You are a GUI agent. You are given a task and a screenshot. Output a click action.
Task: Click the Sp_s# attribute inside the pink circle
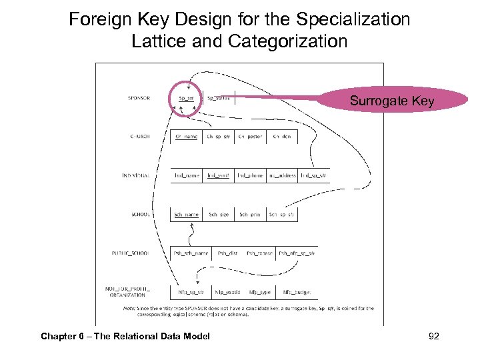click(186, 99)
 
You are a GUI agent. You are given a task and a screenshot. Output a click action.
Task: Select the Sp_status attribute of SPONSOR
click(219, 98)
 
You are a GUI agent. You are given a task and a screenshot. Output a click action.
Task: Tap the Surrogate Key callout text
click(392, 101)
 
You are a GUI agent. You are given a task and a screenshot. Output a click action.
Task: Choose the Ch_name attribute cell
click(187, 137)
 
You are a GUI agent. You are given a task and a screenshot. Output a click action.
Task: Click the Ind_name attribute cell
click(187, 176)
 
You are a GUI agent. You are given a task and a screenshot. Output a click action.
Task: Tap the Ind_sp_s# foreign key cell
click(313, 176)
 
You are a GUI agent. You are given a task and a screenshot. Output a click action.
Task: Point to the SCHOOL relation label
click(141, 215)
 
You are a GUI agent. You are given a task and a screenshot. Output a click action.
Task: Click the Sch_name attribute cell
click(187, 215)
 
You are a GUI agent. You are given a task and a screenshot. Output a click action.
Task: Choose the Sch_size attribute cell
click(219, 215)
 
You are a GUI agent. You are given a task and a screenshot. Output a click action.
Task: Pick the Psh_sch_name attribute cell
click(191, 253)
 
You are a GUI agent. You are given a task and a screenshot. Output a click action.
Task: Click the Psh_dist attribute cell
click(228, 253)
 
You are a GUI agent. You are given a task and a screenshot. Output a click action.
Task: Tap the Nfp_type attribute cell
click(259, 292)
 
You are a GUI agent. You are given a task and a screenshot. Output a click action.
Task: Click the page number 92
click(433, 335)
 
